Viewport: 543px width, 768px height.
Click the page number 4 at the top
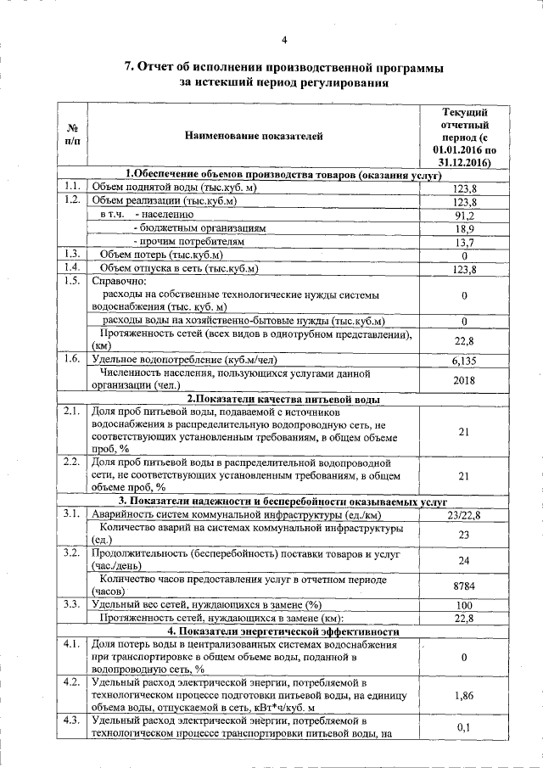(284, 39)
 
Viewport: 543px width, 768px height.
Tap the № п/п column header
(72, 136)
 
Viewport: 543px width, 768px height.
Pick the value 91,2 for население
(464, 216)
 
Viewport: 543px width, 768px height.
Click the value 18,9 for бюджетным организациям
(464, 229)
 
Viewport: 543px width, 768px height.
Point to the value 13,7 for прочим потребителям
(464, 242)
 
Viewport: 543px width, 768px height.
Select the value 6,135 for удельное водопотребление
(464, 360)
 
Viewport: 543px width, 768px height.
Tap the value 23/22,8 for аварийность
(464, 514)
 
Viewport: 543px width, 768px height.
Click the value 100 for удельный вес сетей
(464, 605)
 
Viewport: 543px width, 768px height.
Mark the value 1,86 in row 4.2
(464, 695)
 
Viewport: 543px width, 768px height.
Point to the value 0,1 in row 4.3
(464, 728)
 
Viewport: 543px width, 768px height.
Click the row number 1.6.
(72, 359)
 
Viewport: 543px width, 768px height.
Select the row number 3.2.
(72, 552)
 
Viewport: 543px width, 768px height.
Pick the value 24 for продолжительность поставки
(464, 560)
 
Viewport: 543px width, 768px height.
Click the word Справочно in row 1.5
(118, 281)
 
